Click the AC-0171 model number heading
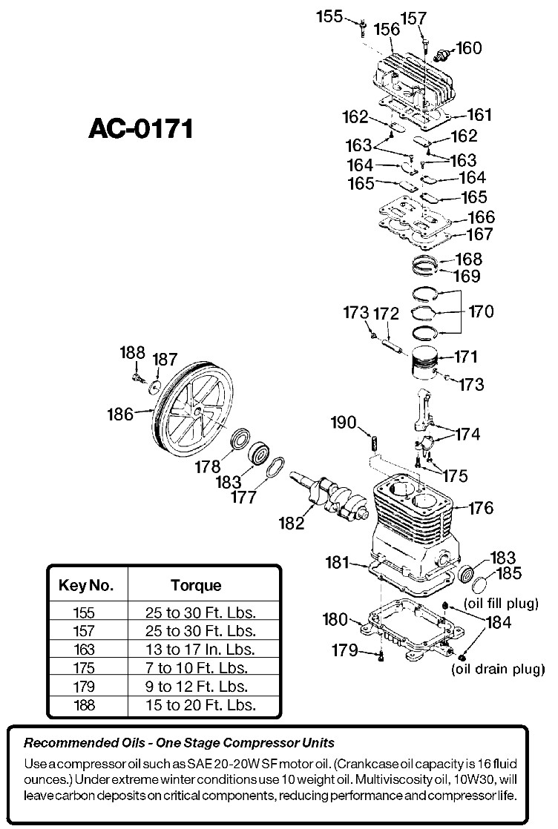[140, 128]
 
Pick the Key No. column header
[86, 585]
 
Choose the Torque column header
[196, 585]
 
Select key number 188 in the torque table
[85, 704]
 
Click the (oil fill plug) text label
[501, 604]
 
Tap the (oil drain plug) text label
[498, 670]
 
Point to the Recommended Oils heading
[179, 742]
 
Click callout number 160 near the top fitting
[468, 47]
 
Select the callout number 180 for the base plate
[335, 618]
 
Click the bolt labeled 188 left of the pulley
[137, 378]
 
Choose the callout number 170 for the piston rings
[480, 311]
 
